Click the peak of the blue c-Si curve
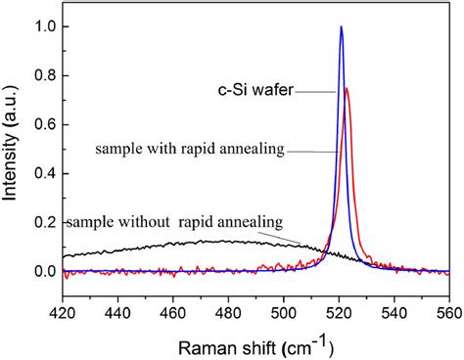point(341,27)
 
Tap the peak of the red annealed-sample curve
point(347,89)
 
